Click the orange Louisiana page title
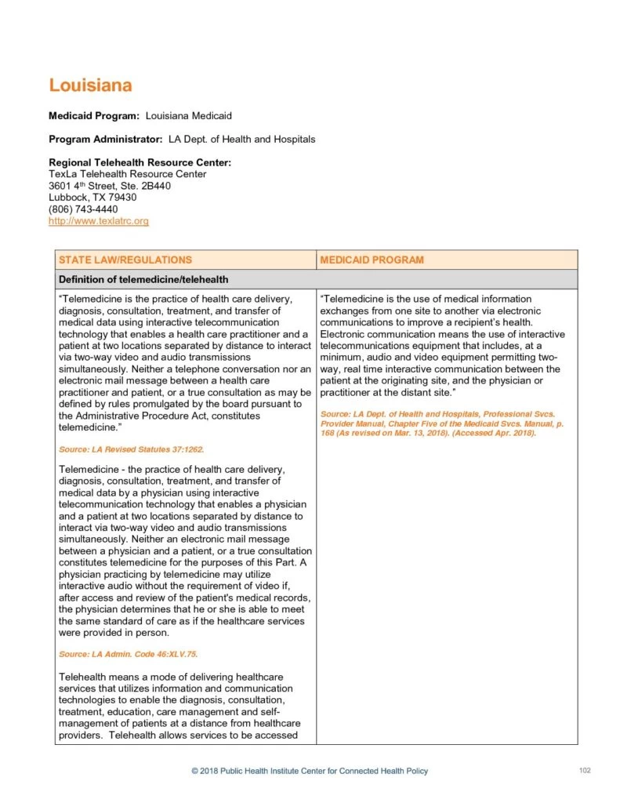click(x=90, y=85)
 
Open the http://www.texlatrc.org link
click(x=98, y=221)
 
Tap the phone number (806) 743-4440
click(x=83, y=209)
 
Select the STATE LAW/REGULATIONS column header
click(x=125, y=260)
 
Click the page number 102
click(x=584, y=770)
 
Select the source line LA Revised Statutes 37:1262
click(x=131, y=449)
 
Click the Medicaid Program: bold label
click(x=94, y=116)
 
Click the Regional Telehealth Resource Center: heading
click(x=140, y=162)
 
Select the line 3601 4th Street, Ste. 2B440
click(x=109, y=186)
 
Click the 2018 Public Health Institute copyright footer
click(x=310, y=771)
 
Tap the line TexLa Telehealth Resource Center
click(x=128, y=174)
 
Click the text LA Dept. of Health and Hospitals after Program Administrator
click(x=241, y=139)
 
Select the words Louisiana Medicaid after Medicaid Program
click(x=188, y=116)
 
